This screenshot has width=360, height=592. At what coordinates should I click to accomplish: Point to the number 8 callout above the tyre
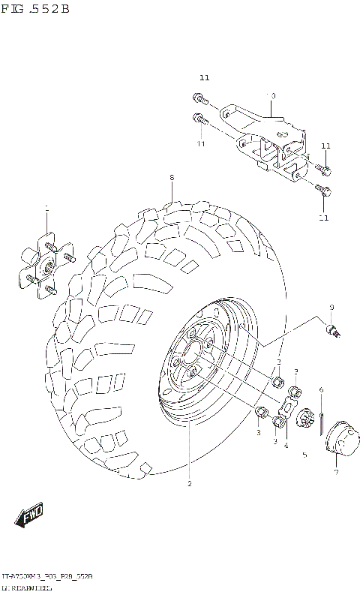[171, 178]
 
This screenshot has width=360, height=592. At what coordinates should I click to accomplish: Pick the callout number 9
[331, 308]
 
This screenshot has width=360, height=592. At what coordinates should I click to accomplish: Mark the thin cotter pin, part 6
[321, 424]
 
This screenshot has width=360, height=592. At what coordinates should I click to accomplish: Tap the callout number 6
[320, 389]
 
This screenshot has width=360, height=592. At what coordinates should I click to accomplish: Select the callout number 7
[336, 473]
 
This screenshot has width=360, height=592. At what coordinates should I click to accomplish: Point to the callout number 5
[304, 455]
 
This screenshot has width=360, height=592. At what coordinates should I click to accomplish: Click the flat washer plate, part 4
[287, 409]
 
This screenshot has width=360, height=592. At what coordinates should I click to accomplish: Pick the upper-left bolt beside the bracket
[199, 97]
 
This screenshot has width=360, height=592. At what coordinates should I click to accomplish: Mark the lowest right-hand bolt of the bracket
[322, 190]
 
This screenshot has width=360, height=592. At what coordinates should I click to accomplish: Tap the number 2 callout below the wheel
[190, 484]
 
